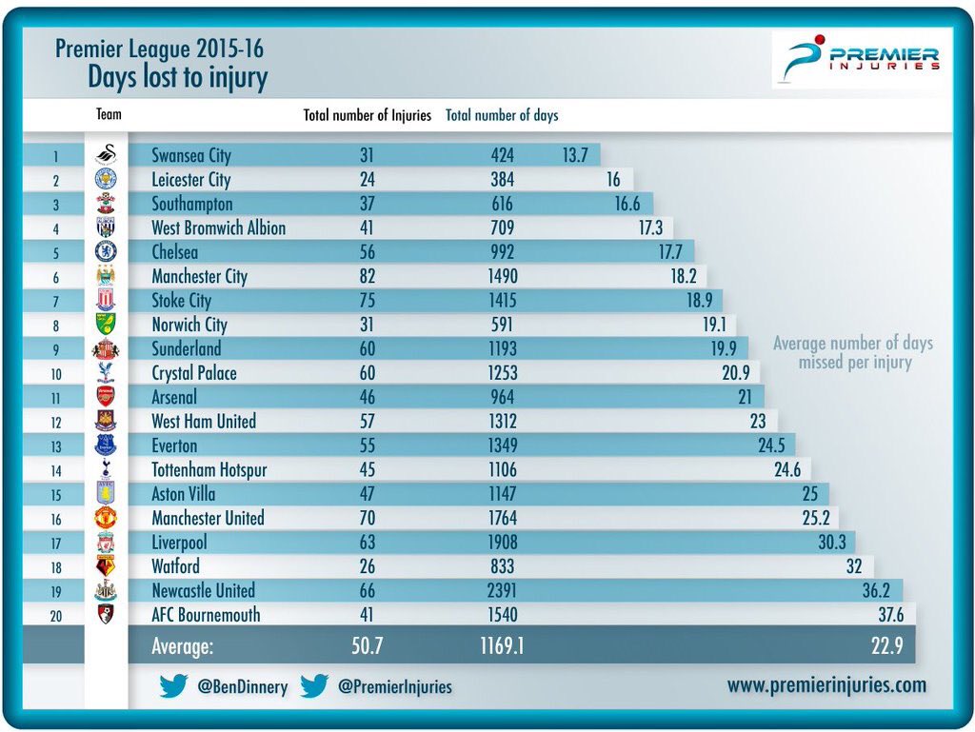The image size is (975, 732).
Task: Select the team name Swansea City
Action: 191,155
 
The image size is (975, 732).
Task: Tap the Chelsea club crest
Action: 106,251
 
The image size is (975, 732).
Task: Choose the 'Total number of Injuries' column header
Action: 367,115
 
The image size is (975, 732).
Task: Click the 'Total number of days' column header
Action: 502,115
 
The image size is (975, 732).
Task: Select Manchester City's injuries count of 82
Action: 362,276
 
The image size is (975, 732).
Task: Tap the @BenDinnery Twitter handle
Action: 242,686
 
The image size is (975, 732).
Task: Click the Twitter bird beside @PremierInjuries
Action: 314,685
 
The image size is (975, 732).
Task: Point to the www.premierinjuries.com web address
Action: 826,684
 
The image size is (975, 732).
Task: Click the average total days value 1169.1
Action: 500,648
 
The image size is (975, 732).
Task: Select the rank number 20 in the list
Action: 55,615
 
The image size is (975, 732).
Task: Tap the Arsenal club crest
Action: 106,397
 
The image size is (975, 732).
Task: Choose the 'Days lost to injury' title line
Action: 178,77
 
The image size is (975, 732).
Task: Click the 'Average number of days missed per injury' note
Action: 853,353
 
